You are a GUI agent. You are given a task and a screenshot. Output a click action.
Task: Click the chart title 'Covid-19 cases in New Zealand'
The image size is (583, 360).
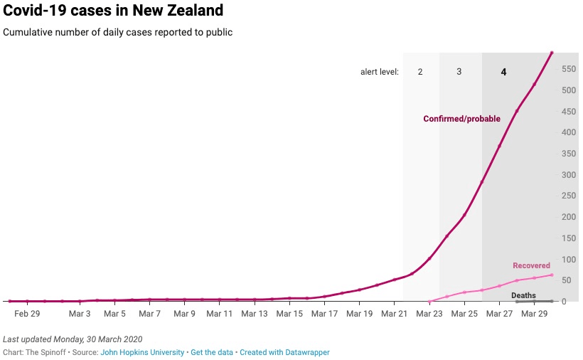pos(114,11)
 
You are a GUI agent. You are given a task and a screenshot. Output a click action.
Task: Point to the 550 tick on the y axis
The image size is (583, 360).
pos(569,69)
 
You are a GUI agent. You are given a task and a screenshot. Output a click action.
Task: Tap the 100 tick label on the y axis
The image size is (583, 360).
pos(569,260)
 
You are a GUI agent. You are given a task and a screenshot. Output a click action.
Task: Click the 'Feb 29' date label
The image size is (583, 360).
pos(27,314)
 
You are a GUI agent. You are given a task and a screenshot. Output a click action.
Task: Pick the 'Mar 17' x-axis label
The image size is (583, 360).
pos(323,314)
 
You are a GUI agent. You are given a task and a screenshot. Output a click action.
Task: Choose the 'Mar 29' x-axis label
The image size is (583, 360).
pos(534,314)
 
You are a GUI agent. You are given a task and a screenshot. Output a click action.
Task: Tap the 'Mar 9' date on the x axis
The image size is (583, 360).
pos(184,314)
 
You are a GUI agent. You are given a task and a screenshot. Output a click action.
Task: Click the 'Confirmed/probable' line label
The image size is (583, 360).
pos(461,119)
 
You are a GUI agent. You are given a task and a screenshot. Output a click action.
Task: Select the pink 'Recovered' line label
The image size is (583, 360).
pos(531,266)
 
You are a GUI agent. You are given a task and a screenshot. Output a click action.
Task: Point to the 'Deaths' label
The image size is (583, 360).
pos(523,295)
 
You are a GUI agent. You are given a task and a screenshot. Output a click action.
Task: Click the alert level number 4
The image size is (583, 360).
pos(503,72)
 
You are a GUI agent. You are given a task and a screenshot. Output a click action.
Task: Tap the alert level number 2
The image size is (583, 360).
pos(420,72)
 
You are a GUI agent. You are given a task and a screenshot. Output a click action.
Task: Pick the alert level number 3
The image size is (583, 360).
pos(459,72)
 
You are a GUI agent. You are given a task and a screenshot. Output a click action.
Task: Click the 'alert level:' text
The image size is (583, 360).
pos(379,72)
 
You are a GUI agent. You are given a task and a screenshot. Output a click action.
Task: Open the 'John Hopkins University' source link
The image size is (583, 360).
pos(141,352)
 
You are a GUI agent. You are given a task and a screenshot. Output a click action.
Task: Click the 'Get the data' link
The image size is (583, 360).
pos(211,352)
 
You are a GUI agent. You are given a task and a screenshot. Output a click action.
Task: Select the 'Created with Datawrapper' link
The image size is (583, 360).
pos(284,352)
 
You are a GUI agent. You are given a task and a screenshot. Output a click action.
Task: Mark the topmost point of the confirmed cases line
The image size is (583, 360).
pos(552,53)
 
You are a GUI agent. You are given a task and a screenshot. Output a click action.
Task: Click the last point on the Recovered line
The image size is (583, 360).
pos(552,275)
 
